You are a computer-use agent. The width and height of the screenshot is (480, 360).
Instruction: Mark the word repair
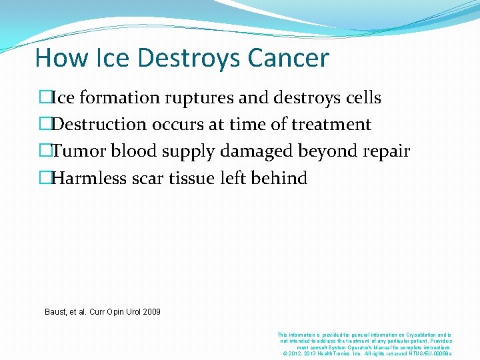[387, 151]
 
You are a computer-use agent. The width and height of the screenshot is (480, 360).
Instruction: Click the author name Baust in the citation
[56, 312]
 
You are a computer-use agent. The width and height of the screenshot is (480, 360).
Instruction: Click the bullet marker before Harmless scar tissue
[45, 178]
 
